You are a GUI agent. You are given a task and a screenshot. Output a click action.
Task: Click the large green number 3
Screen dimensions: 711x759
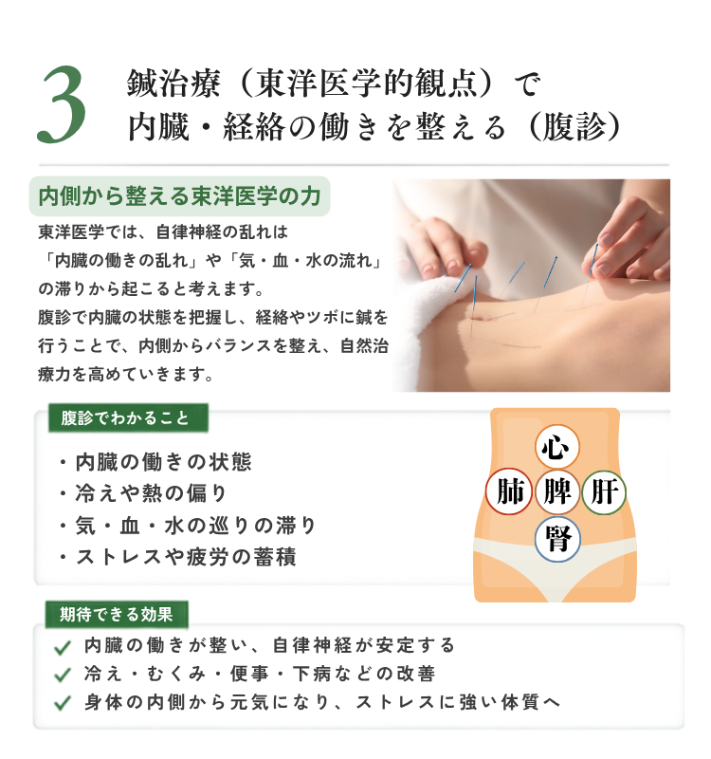[x=62, y=104]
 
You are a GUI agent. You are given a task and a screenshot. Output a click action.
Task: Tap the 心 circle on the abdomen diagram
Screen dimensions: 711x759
[x=556, y=446]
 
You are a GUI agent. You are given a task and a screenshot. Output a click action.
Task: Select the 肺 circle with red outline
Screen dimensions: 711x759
[x=509, y=491]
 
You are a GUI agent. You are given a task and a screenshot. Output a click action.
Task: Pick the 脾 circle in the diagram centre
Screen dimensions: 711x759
[x=556, y=491]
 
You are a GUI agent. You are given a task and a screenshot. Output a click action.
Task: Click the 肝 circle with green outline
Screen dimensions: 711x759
[x=604, y=492]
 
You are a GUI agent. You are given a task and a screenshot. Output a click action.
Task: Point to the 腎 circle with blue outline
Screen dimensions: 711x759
[x=556, y=539]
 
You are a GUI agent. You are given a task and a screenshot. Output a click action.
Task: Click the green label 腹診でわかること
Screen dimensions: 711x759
[x=128, y=417]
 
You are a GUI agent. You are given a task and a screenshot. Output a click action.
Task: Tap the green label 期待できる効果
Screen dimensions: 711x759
[x=117, y=614]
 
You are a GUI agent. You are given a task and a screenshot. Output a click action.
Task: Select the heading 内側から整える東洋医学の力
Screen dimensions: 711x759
[x=179, y=196]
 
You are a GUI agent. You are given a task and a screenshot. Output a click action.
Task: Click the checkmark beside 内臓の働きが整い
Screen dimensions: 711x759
[x=63, y=647]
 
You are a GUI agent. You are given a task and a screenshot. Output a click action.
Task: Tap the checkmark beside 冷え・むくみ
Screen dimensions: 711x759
[x=63, y=675]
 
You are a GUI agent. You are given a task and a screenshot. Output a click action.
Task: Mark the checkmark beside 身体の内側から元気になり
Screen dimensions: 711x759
[x=63, y=703]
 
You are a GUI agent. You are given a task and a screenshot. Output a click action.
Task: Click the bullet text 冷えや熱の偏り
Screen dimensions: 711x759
[x=151, y=493]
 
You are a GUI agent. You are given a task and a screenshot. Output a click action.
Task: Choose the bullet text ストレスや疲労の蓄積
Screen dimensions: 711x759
[x=186, y=557]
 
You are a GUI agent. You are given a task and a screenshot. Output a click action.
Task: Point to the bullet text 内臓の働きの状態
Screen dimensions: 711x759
[x=163, y=462]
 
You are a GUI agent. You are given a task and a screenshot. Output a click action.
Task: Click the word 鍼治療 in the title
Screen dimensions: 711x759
[x=173, y=83]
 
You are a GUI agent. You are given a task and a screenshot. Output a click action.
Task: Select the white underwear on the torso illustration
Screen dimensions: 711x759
[x=556, y=566]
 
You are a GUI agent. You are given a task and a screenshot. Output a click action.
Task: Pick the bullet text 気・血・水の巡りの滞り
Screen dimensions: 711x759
[x=196, y=526]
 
